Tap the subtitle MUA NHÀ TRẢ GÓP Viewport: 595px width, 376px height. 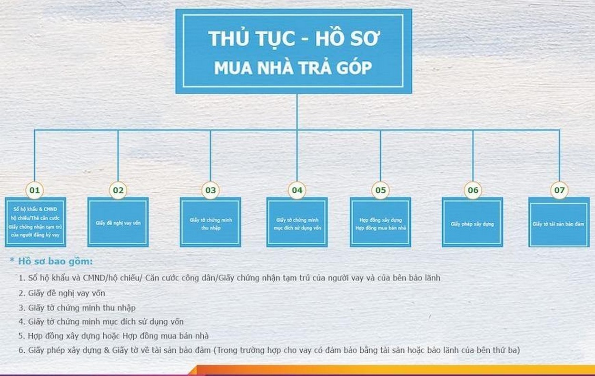tap(293, 68)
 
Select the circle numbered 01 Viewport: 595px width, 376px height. tap(34, 190)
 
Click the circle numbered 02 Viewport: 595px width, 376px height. tap(118, 190)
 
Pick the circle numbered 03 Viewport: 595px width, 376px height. tap(210, 190)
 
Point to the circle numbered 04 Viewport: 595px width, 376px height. tap(297, 190)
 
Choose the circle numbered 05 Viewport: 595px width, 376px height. tap(380, 190)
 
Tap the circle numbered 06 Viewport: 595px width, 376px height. tap(473, 190)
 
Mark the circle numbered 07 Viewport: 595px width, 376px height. tap(559, 190)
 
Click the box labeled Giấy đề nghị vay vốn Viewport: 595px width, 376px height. tap(118, 222)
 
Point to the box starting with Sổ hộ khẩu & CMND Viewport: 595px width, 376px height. tap(36, 222)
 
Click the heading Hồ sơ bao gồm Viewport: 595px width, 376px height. tap(55, 261)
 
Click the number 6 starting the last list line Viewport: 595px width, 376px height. tap(21, 350)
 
